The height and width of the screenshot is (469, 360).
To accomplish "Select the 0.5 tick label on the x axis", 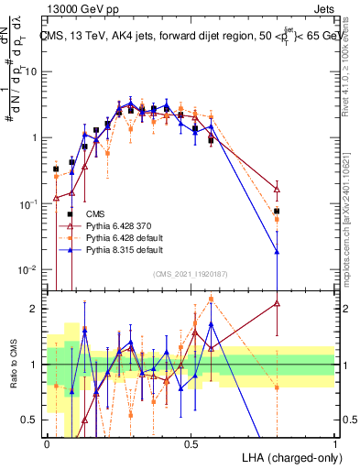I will [x=191, y=443].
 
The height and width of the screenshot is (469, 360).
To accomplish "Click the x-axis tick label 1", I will [x=335, y=443].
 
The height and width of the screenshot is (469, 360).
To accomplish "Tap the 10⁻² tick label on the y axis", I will [x=30, y=269].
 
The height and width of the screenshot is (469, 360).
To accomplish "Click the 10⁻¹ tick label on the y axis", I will [x=30, y=203].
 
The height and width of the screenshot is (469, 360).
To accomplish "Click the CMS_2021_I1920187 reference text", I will [x=190, y=273].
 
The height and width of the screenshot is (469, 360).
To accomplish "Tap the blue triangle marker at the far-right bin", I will [x=277, y=251].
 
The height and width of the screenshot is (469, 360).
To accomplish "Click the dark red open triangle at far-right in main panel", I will [x=277, y=189].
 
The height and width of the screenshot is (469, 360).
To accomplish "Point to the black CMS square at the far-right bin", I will [x=277, y=212].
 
